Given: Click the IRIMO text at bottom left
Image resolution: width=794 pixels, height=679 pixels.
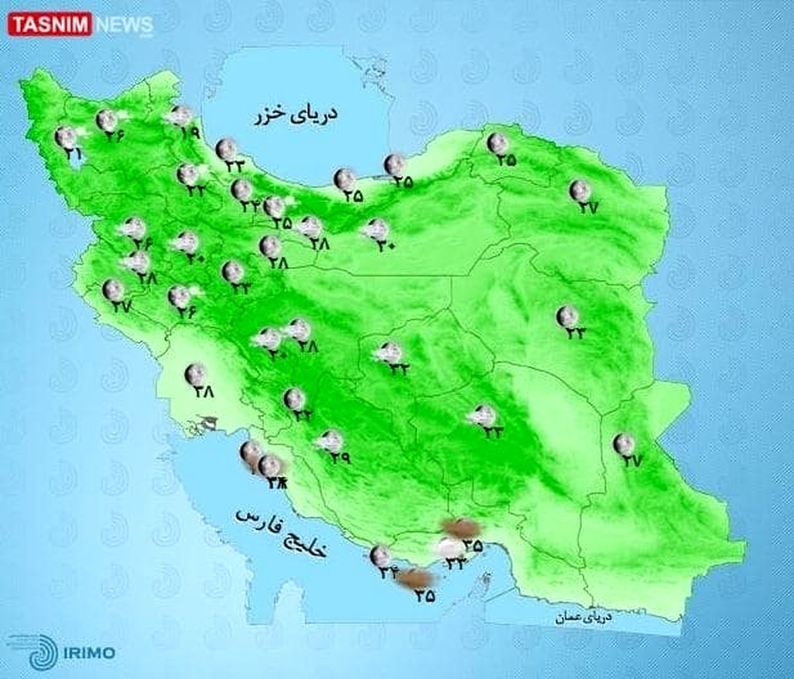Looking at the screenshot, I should tap(90, 653).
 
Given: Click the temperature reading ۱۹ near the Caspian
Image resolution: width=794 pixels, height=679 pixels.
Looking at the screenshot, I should tap(189, 132).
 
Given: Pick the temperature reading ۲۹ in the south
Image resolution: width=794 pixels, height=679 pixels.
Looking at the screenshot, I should tap(339, 457).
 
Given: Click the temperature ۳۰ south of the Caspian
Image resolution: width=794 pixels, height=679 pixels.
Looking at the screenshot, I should tap(386, 245).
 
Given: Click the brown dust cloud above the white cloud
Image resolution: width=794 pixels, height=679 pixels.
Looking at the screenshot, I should tap(461, 527).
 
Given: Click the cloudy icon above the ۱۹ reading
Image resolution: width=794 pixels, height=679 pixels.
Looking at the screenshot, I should tap(179, 116).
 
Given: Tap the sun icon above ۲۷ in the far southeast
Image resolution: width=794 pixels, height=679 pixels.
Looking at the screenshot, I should tap(623, 443).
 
